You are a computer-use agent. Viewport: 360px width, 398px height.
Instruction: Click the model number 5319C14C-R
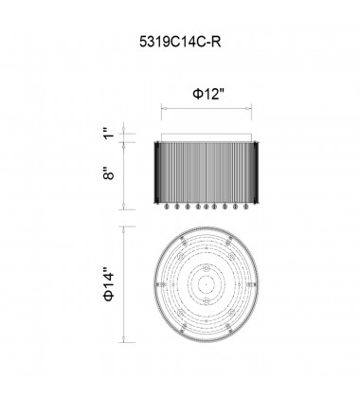[180, 42]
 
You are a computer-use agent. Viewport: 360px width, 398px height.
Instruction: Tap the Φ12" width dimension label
[208, 94]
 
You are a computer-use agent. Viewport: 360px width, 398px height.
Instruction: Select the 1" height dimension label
[108, 133]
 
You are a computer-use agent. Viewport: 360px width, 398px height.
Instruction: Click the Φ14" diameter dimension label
[108, 284]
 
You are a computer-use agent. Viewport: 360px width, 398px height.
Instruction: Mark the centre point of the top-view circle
[206, 284]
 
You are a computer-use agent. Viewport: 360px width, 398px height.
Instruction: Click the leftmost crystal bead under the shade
[167, 207]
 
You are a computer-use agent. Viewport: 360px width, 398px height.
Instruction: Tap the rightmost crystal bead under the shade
[245, 207]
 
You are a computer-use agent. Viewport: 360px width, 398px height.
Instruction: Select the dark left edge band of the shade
[157, 172]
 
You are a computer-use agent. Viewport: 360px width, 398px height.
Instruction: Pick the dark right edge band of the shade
[256, 172]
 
